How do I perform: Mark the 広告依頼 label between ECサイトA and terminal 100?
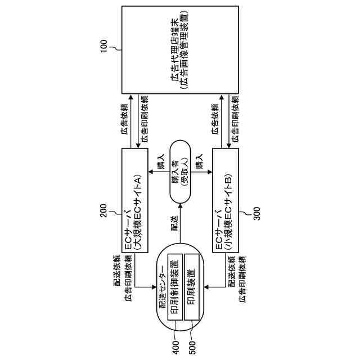pos(125,120)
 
